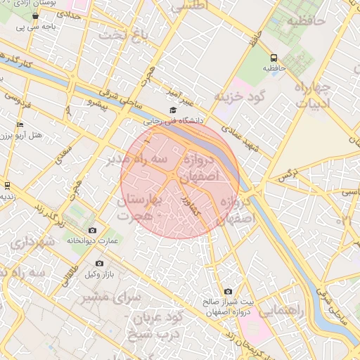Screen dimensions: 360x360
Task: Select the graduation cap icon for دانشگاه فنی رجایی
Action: coord(173,110)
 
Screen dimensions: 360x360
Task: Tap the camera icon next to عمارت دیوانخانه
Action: coord(93,231)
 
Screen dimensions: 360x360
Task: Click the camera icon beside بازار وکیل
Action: coord(99,263)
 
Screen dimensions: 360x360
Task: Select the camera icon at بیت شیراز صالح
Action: coord(228,292)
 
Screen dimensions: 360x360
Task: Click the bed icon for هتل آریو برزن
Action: coord(20,124)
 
